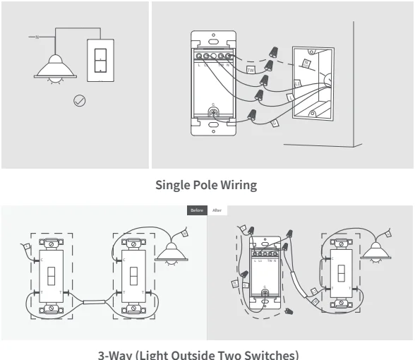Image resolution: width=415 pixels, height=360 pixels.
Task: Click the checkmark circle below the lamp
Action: coord(80,102)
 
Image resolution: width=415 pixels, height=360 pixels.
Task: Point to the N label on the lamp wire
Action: coord(27,35)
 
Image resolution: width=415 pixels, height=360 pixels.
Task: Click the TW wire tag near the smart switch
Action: coord(250,70)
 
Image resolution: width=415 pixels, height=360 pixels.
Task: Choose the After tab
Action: coord(217,210)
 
